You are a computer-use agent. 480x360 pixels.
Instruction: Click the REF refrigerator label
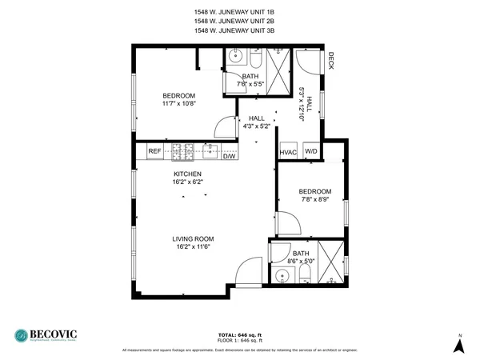(154, 150)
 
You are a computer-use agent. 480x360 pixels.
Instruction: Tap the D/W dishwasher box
(229, 156)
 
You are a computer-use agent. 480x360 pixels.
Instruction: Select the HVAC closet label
(288, 152)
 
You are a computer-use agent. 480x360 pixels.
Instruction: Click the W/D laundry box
(310, 152)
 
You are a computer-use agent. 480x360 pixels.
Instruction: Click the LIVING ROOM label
(193, 238)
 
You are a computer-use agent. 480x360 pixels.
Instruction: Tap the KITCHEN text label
(188, 174)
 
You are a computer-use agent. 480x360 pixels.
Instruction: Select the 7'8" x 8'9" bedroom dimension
(314, 200)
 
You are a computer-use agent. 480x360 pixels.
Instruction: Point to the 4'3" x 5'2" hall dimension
(257, 126)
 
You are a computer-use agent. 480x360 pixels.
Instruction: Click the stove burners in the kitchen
(182, 150)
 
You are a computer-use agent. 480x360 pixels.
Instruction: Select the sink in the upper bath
(235, 57)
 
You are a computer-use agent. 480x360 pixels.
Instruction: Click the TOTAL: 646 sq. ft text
(239, 334)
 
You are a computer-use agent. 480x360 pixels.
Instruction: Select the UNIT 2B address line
(239, 22)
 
